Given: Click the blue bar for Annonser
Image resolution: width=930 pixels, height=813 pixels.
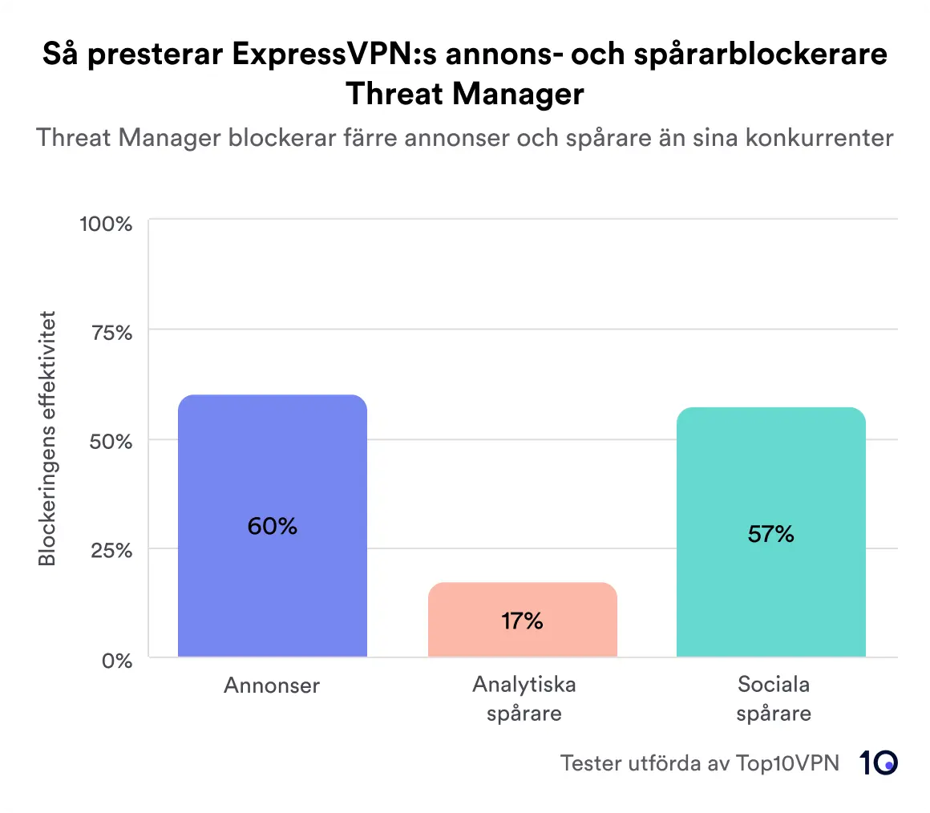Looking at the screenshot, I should coord(272,481).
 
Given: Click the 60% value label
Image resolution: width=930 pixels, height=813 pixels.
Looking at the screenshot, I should coord(272,527).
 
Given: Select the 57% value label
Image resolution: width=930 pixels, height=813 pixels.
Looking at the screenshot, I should coord(770,534).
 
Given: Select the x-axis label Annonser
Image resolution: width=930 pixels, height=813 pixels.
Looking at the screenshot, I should coord(272,686).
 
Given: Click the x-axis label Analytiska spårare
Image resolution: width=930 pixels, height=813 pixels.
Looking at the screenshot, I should coord(524,699).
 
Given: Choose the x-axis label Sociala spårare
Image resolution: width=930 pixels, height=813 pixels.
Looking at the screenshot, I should coord(773,699).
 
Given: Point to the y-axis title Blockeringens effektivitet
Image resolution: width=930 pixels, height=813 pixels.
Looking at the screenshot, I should coord(48,438).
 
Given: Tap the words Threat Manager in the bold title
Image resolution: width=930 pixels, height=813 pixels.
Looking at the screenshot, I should coord(464,95).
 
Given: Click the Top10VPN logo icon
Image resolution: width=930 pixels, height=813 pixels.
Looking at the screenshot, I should coord(879,763).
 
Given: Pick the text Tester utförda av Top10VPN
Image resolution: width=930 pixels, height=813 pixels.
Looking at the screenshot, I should coord(699,763).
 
